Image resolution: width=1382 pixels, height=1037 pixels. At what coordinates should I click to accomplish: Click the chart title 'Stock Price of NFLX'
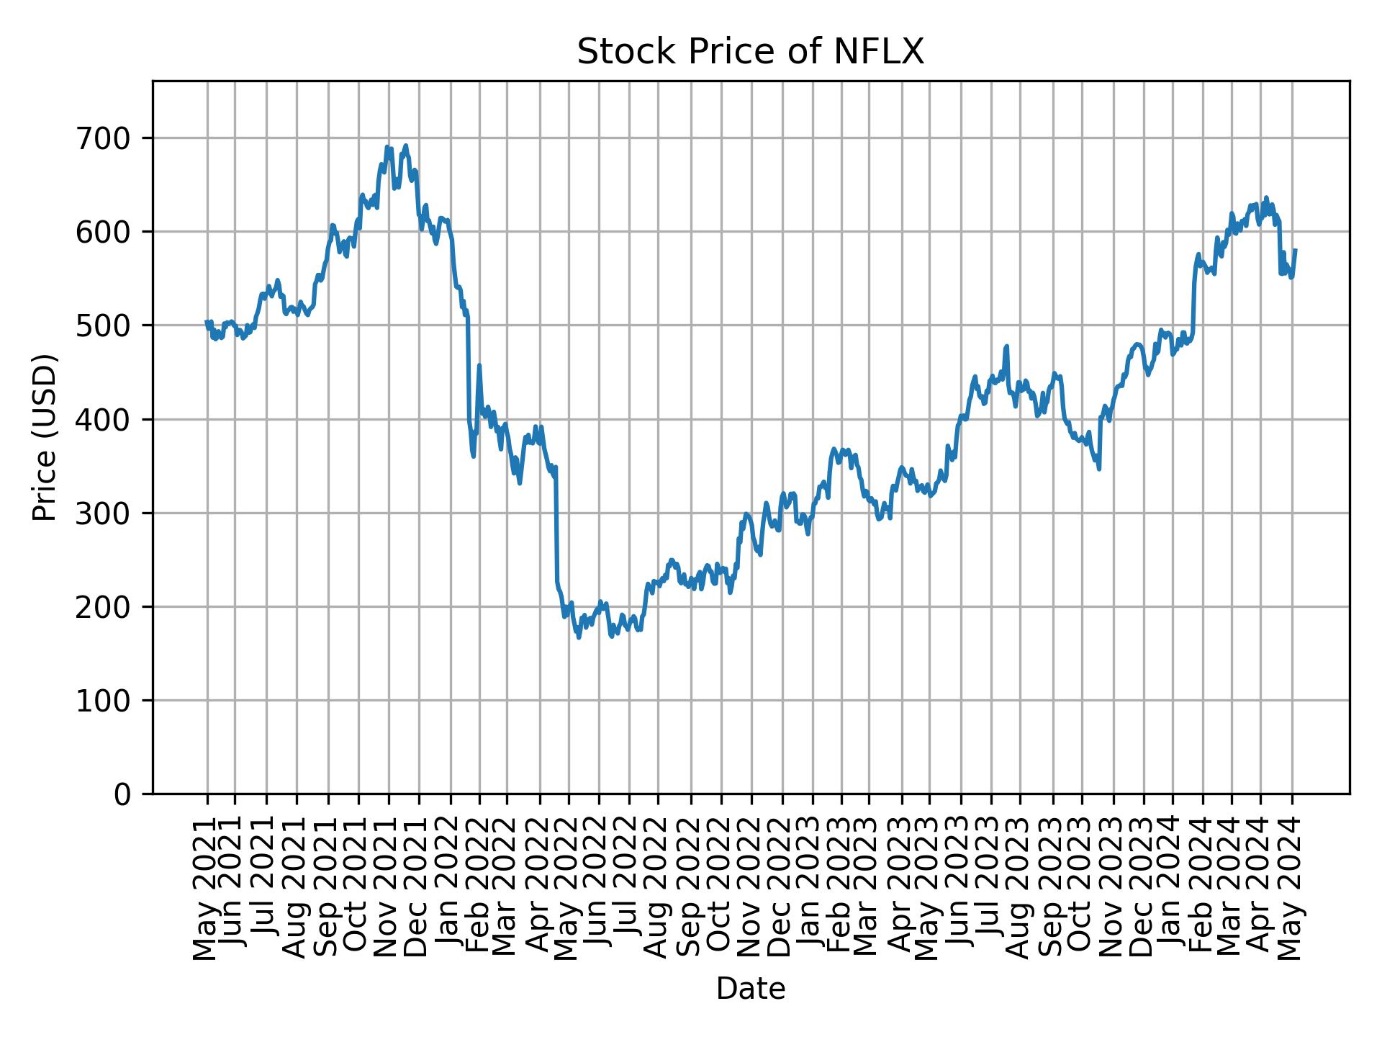click(x=750, y=52)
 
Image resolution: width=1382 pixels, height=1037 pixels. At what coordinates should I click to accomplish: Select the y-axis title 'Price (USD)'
click(x=45, y=437)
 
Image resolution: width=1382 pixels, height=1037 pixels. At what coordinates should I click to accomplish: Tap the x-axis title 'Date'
click(x=750, y=989)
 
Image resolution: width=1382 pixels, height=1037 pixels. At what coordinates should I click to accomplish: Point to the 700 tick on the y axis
click(x=108, y=138)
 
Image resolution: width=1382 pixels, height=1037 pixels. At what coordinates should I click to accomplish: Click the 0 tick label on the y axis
click(x=123, y=794)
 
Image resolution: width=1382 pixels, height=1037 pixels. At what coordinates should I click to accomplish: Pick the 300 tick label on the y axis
click(x=108, y=513)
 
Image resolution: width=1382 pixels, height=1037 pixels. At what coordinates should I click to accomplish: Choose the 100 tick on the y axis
click(x=108, y=700)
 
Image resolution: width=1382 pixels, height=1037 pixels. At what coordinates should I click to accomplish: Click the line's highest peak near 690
click(x=406, y=145)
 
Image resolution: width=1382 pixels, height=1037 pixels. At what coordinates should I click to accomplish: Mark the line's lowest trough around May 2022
click(x=579, y=637)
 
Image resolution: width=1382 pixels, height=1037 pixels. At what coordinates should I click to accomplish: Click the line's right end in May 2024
click(x=1296, y=250)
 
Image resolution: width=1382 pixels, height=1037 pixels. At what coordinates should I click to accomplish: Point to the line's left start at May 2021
click(x=207, y=322)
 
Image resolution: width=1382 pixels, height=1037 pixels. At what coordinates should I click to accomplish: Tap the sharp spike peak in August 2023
click(x=1007, y=346)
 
